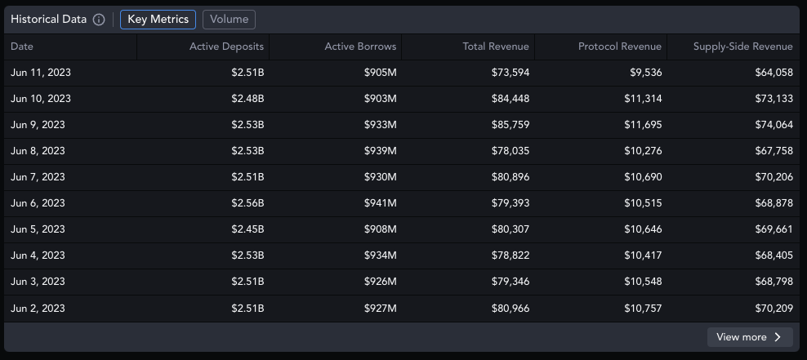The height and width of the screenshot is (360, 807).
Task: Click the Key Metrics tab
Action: point(158,20)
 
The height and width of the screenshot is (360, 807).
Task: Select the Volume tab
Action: point(229,20)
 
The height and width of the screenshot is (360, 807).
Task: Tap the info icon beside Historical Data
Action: point(99,20)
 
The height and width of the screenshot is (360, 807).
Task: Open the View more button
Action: point(749,337)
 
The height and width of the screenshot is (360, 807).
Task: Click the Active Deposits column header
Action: point(226,47)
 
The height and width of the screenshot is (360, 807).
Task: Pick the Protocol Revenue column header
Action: point(620,47)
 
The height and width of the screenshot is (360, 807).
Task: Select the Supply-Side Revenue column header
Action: point(742,47)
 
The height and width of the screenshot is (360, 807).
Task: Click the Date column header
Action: point(22,47)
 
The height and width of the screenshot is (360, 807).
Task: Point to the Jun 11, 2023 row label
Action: point(41,73)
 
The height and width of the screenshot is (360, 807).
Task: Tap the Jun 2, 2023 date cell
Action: point(38,309)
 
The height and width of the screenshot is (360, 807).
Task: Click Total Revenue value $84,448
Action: point(510,99)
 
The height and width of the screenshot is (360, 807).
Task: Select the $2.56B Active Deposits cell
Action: point(247,203)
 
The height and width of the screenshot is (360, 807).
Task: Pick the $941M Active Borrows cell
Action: point(380,203)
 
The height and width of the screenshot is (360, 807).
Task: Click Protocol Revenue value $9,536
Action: point(646,73)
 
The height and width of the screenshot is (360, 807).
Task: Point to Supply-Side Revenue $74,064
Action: point(774,125)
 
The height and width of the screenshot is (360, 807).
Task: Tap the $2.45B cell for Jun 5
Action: point(247,229)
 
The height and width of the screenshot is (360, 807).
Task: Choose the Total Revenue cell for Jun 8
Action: point(510,151)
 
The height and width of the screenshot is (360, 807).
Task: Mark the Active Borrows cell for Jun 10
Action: point(380,99)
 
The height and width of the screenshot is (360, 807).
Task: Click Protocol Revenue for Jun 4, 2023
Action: point(643,256)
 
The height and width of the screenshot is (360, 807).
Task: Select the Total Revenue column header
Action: point(495,47)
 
